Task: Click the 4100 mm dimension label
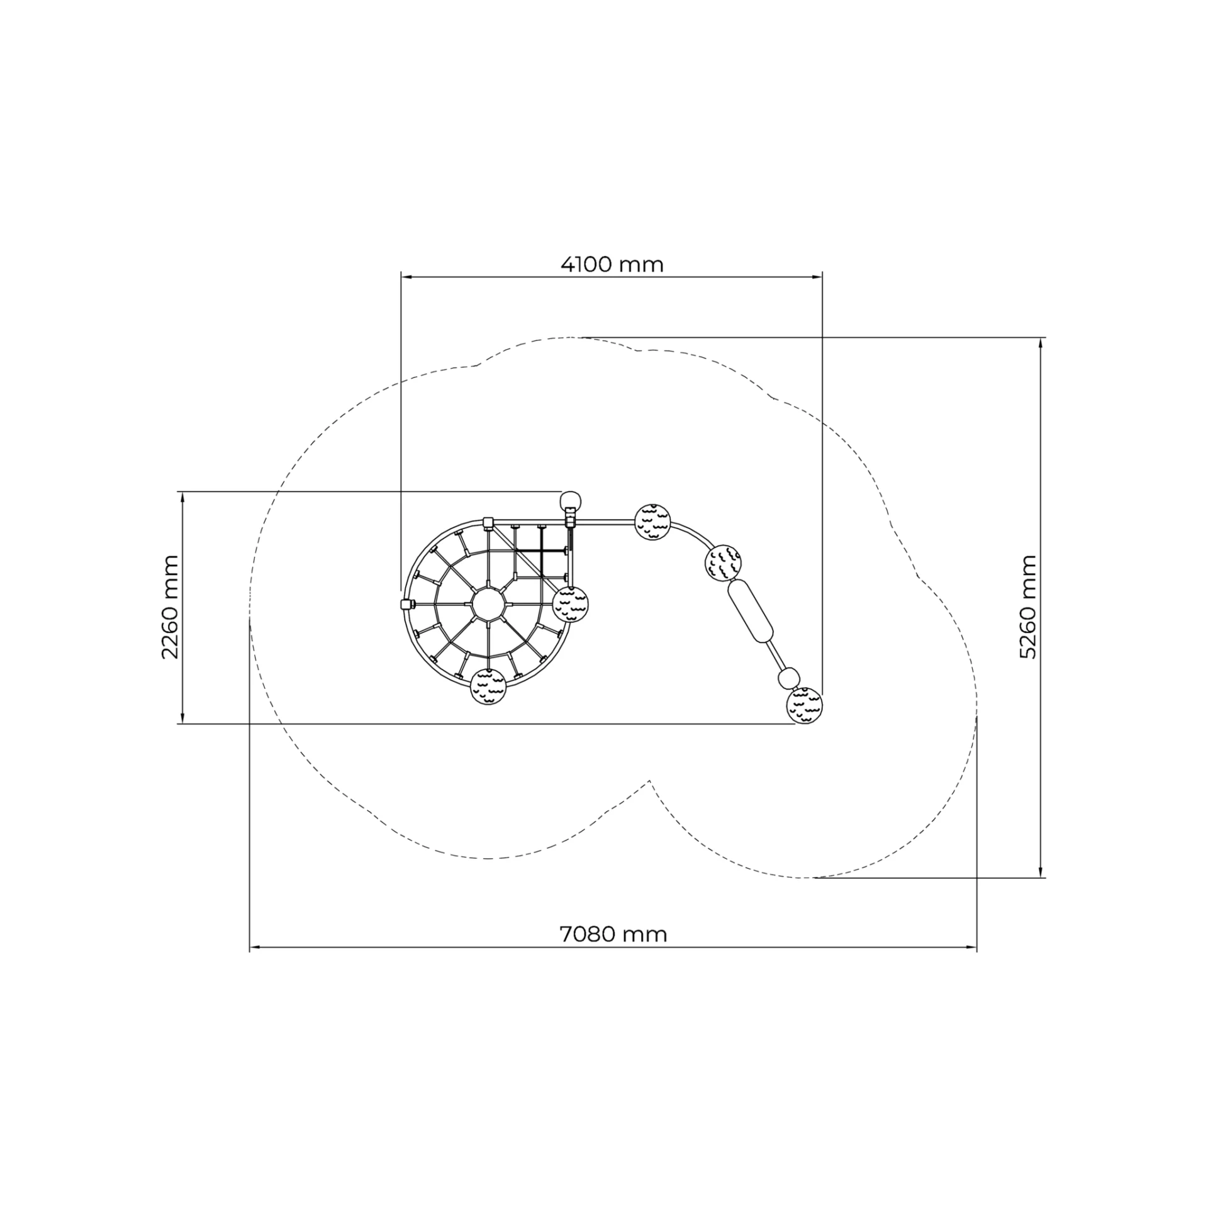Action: pyautogui.click(x=612, y=265)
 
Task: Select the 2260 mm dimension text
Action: pyautogui.click(x=170, y=607)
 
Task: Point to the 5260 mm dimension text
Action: pyautogui.click(x=1027, y=607)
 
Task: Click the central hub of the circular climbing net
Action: pyautogui.click(x=488, y=604)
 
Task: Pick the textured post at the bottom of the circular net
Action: pyautogui.click(x=488, y=686)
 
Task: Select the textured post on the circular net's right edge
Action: pyautogui.click(x=570, y=604)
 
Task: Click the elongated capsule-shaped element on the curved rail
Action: pyautogui.click(x=750, y=611)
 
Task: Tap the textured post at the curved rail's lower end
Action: pyautogui.click(x=804, y=705)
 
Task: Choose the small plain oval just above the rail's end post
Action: pyautogui.click(x=789, y=678)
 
